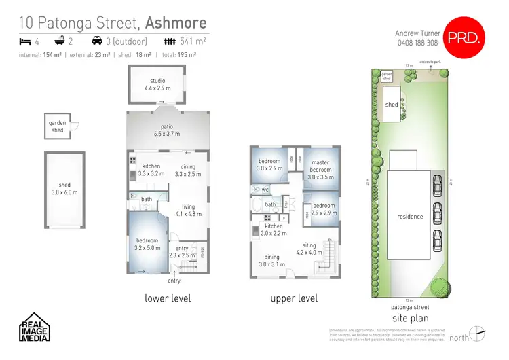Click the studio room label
157,84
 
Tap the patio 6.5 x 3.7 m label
167,131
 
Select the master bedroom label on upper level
320,170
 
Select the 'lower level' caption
168,298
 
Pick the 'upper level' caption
293,298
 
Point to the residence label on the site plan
410,217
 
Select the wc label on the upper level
266,190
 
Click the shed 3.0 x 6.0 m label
64,188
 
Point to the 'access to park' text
430,62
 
